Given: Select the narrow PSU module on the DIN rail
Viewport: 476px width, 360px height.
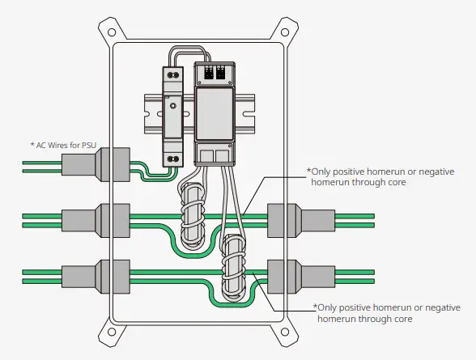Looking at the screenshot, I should (x=172, y=113).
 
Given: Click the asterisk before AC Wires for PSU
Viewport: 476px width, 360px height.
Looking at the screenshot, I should (x=32, y=145).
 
